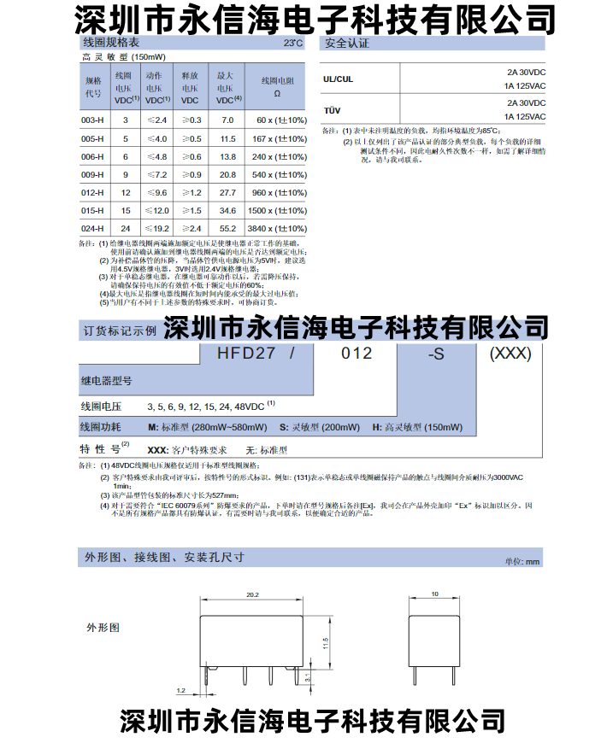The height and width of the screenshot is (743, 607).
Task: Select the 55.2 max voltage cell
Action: (227, 229)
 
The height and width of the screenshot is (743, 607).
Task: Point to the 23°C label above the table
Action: (292, 42)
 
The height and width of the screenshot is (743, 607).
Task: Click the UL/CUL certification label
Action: (338, 79)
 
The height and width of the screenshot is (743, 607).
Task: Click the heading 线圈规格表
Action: (110, 42)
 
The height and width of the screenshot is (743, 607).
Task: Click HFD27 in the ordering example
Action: (247, 354)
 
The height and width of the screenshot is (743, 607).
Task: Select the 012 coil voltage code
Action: (356, 354)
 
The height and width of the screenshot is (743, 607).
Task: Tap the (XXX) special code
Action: (510, 354)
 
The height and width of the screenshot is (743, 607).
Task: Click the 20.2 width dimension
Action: (252, 592)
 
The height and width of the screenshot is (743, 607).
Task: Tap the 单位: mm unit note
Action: (523, 561)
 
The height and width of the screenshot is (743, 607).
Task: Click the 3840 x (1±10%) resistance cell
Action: (277, 229)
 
